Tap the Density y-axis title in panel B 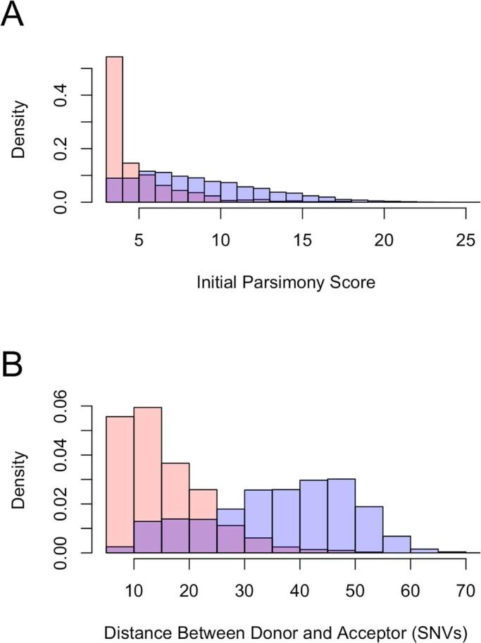click(x=21, y=479)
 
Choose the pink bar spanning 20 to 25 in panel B click(x=203, y=504)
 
